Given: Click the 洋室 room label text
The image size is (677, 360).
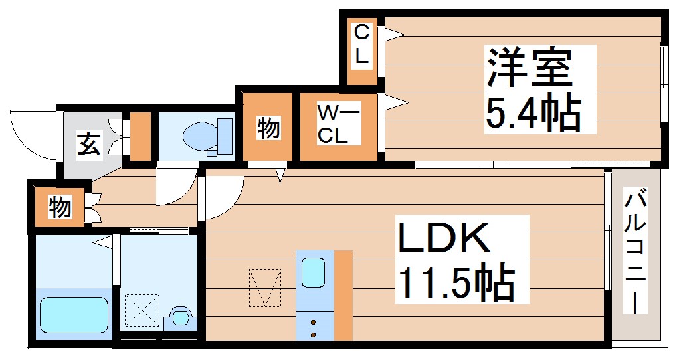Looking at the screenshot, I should (530, 68).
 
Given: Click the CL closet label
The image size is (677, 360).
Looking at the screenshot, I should (361, 45).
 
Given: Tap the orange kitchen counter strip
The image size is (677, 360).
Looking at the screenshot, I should (343, 295).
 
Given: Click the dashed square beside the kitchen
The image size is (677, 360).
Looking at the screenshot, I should (265, 288).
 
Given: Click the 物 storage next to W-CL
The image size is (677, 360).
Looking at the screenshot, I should (268, 128).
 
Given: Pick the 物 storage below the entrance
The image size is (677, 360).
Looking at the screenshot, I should (59, 208).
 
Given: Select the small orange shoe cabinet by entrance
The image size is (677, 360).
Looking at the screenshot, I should (140, 137).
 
